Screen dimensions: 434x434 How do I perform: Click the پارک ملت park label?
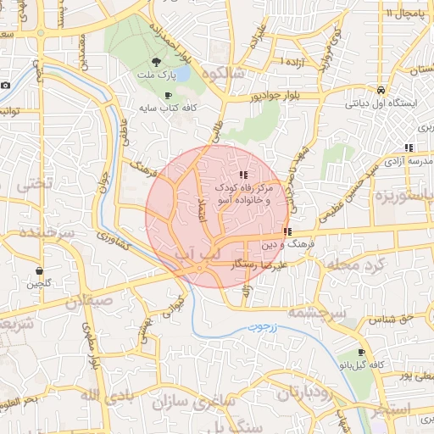coord(155,75)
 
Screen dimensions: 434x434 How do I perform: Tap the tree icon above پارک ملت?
coord(155,62)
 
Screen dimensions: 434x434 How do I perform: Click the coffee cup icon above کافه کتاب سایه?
coord(167,96)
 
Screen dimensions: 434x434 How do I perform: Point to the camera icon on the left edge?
coord(5,85)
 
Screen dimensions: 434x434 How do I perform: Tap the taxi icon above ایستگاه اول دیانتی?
coord(381,90)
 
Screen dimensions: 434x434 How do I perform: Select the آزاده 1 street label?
coord(293,64)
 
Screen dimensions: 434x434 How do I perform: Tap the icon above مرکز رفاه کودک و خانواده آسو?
coord(244,174)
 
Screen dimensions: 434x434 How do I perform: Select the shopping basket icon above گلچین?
coord(39,270)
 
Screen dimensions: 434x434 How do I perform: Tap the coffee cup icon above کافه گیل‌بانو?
coord(362,352)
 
